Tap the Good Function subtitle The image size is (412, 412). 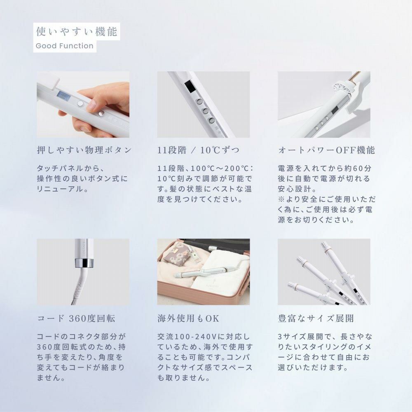point(65,46)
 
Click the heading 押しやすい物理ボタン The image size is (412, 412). point(84,150)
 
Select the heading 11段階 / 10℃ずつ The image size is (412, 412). point(198,150)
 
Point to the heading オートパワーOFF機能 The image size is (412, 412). point(326,150)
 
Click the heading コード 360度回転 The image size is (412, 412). point(76,318)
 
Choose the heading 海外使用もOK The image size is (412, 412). point(189,318)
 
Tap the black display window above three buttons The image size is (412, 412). point(190,87)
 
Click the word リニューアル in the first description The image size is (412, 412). point(60,190)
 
